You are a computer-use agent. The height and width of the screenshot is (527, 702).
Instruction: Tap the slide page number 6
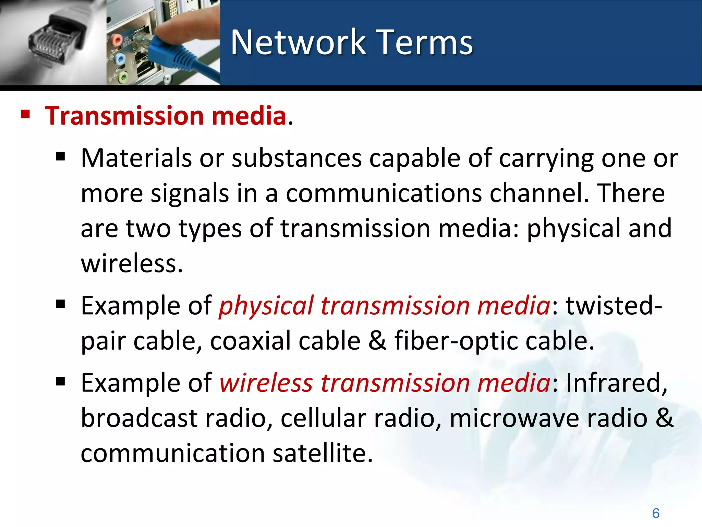click(x=656, y=513)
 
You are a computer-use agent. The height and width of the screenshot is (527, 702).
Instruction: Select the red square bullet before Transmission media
click(x=25, y=114)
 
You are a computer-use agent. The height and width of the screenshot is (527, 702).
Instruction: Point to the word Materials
click(x=136, y=158)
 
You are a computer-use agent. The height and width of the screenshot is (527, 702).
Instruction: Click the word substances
click(x=296, y=158)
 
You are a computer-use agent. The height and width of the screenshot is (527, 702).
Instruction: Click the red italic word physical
click(x=266, y=306)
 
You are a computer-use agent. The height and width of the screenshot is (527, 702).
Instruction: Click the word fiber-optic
click(x=456, y=341)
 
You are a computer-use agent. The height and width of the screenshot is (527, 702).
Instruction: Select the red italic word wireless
click(x=266, y=383)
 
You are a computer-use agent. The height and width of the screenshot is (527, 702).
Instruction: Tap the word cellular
click(x=323, y=418)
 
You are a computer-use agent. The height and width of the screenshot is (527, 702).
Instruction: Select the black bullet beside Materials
click(x=61, y=157)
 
